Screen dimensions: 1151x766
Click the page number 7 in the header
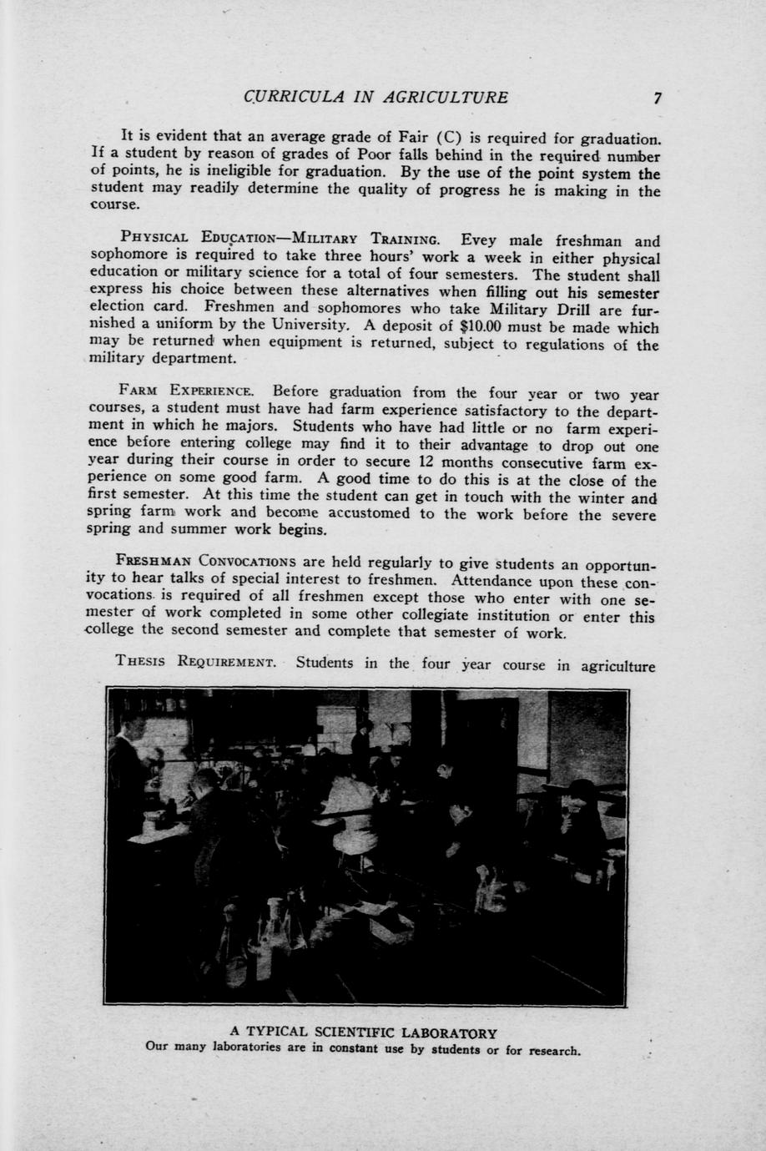(x=658, y=98)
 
